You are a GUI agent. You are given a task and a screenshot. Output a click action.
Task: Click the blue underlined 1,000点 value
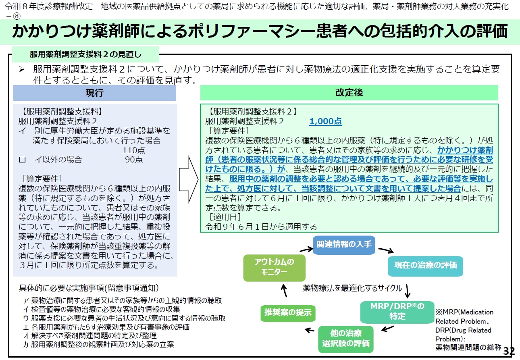(325, 121)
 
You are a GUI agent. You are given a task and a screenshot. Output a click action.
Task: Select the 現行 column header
(94, 93)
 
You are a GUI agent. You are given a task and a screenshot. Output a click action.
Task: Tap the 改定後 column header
(349, 93)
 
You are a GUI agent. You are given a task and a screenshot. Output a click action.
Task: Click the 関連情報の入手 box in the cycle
(344, 245)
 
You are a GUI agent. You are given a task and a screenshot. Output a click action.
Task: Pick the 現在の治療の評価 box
(425, 265)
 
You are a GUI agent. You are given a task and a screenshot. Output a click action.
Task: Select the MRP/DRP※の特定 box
(397, 311)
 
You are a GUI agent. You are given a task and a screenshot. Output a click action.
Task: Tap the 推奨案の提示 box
(288, 312)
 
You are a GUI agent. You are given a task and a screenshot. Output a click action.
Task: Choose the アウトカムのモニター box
(274, 267)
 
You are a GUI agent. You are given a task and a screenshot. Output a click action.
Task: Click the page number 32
(509, 351)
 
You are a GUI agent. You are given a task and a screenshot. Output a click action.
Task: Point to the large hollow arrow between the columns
(189, 179)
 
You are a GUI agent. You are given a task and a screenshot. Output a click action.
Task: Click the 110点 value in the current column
(134, 150)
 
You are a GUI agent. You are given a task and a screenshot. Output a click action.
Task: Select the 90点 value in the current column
(133, 160)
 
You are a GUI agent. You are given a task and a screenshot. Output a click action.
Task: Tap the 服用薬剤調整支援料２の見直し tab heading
(85, 54)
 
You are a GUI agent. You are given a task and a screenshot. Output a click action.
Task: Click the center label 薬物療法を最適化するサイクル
(352, 288)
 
